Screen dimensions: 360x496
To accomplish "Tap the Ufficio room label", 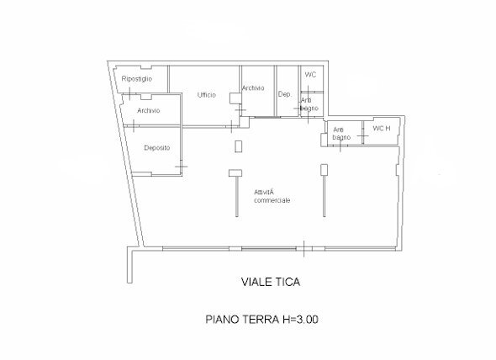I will click(x=208, y=94).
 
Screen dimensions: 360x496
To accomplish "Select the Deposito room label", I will click(x=156, y=148).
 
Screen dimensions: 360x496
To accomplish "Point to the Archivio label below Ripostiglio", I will click(x=148, y=111).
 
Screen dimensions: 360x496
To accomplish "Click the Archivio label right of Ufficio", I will click(x=253, y=88).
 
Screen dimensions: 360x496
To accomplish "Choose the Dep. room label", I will click(x=285, y=94).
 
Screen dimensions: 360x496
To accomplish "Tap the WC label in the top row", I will click(x=309, y=75).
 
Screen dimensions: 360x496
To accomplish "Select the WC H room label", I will click(x=382, y=128).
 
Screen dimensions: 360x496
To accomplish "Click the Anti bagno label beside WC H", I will click(x=340, y=133).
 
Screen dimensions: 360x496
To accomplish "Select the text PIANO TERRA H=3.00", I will click(x=262, y=320).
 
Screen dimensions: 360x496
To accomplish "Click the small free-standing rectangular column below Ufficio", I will click(x=239, y=146).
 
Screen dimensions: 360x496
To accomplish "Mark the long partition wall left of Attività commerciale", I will click(x=232, y=193).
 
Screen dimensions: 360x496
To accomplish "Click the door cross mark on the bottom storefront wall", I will click(x=309, y=250).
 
